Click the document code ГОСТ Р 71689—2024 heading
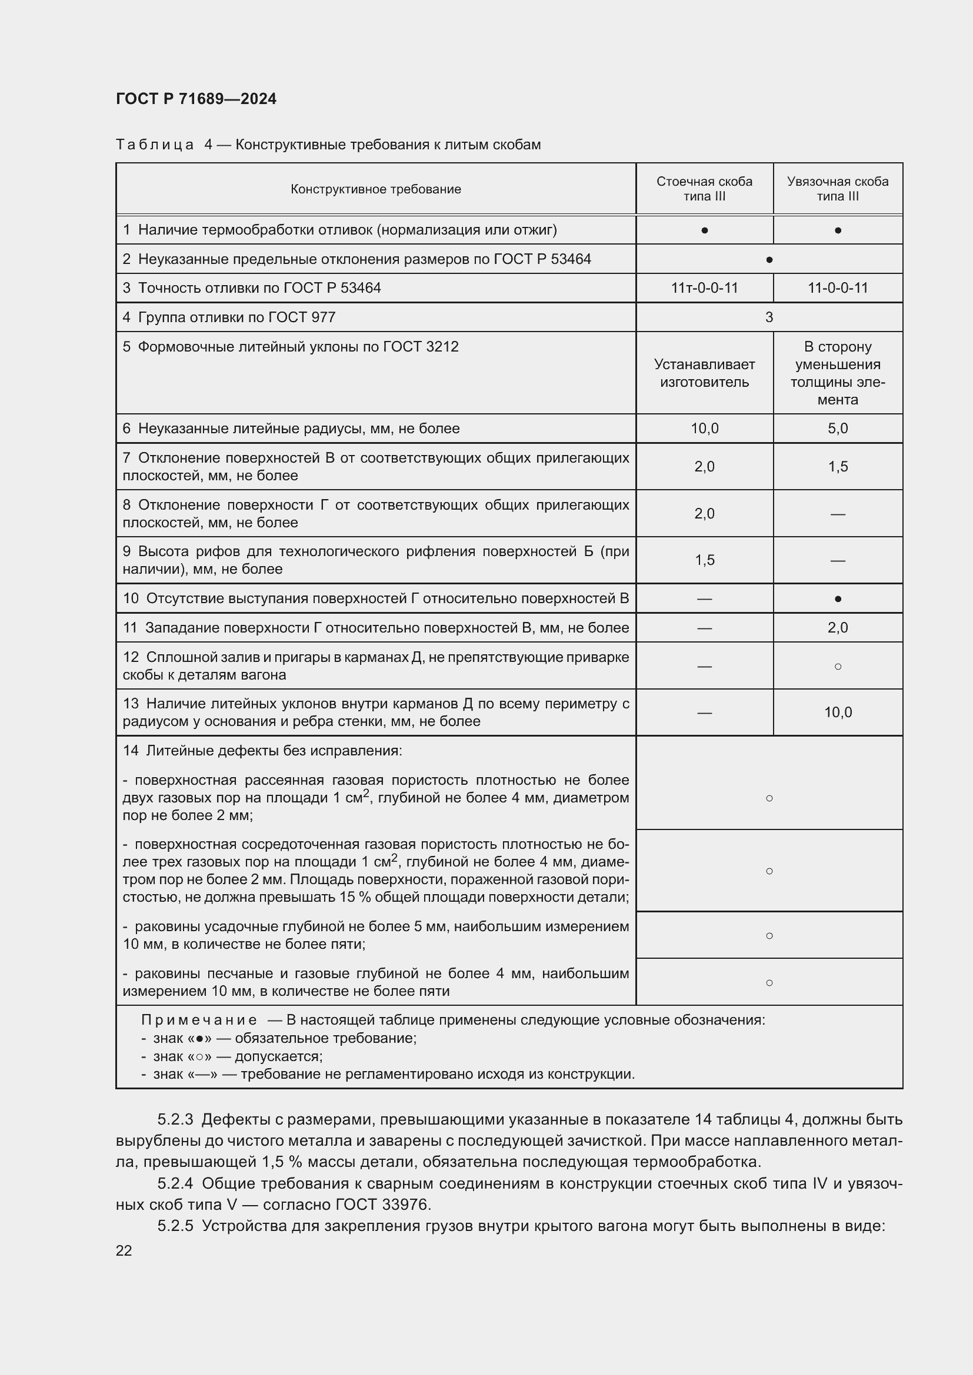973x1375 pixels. point(196,99)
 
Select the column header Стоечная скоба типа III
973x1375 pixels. point(704,189)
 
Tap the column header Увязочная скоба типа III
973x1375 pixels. point(837,189)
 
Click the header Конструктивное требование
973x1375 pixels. point(376,189)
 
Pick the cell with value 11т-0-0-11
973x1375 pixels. point(704,288)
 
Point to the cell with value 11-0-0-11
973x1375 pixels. point(837,288)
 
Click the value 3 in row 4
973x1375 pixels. point(769,317)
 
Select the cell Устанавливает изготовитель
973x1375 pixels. point(704,373)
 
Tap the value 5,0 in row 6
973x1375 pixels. point(837,429)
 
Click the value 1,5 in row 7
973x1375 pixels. point(837,467)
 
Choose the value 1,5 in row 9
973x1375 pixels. point(704,560)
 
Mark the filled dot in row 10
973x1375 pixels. point(837,599)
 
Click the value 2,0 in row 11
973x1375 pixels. point(837,628)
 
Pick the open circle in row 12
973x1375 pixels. point(837,666)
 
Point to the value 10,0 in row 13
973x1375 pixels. point(837,712)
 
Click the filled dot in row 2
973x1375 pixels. point(769,260)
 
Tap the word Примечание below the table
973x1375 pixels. point(199,1020)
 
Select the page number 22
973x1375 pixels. point(124,1250)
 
